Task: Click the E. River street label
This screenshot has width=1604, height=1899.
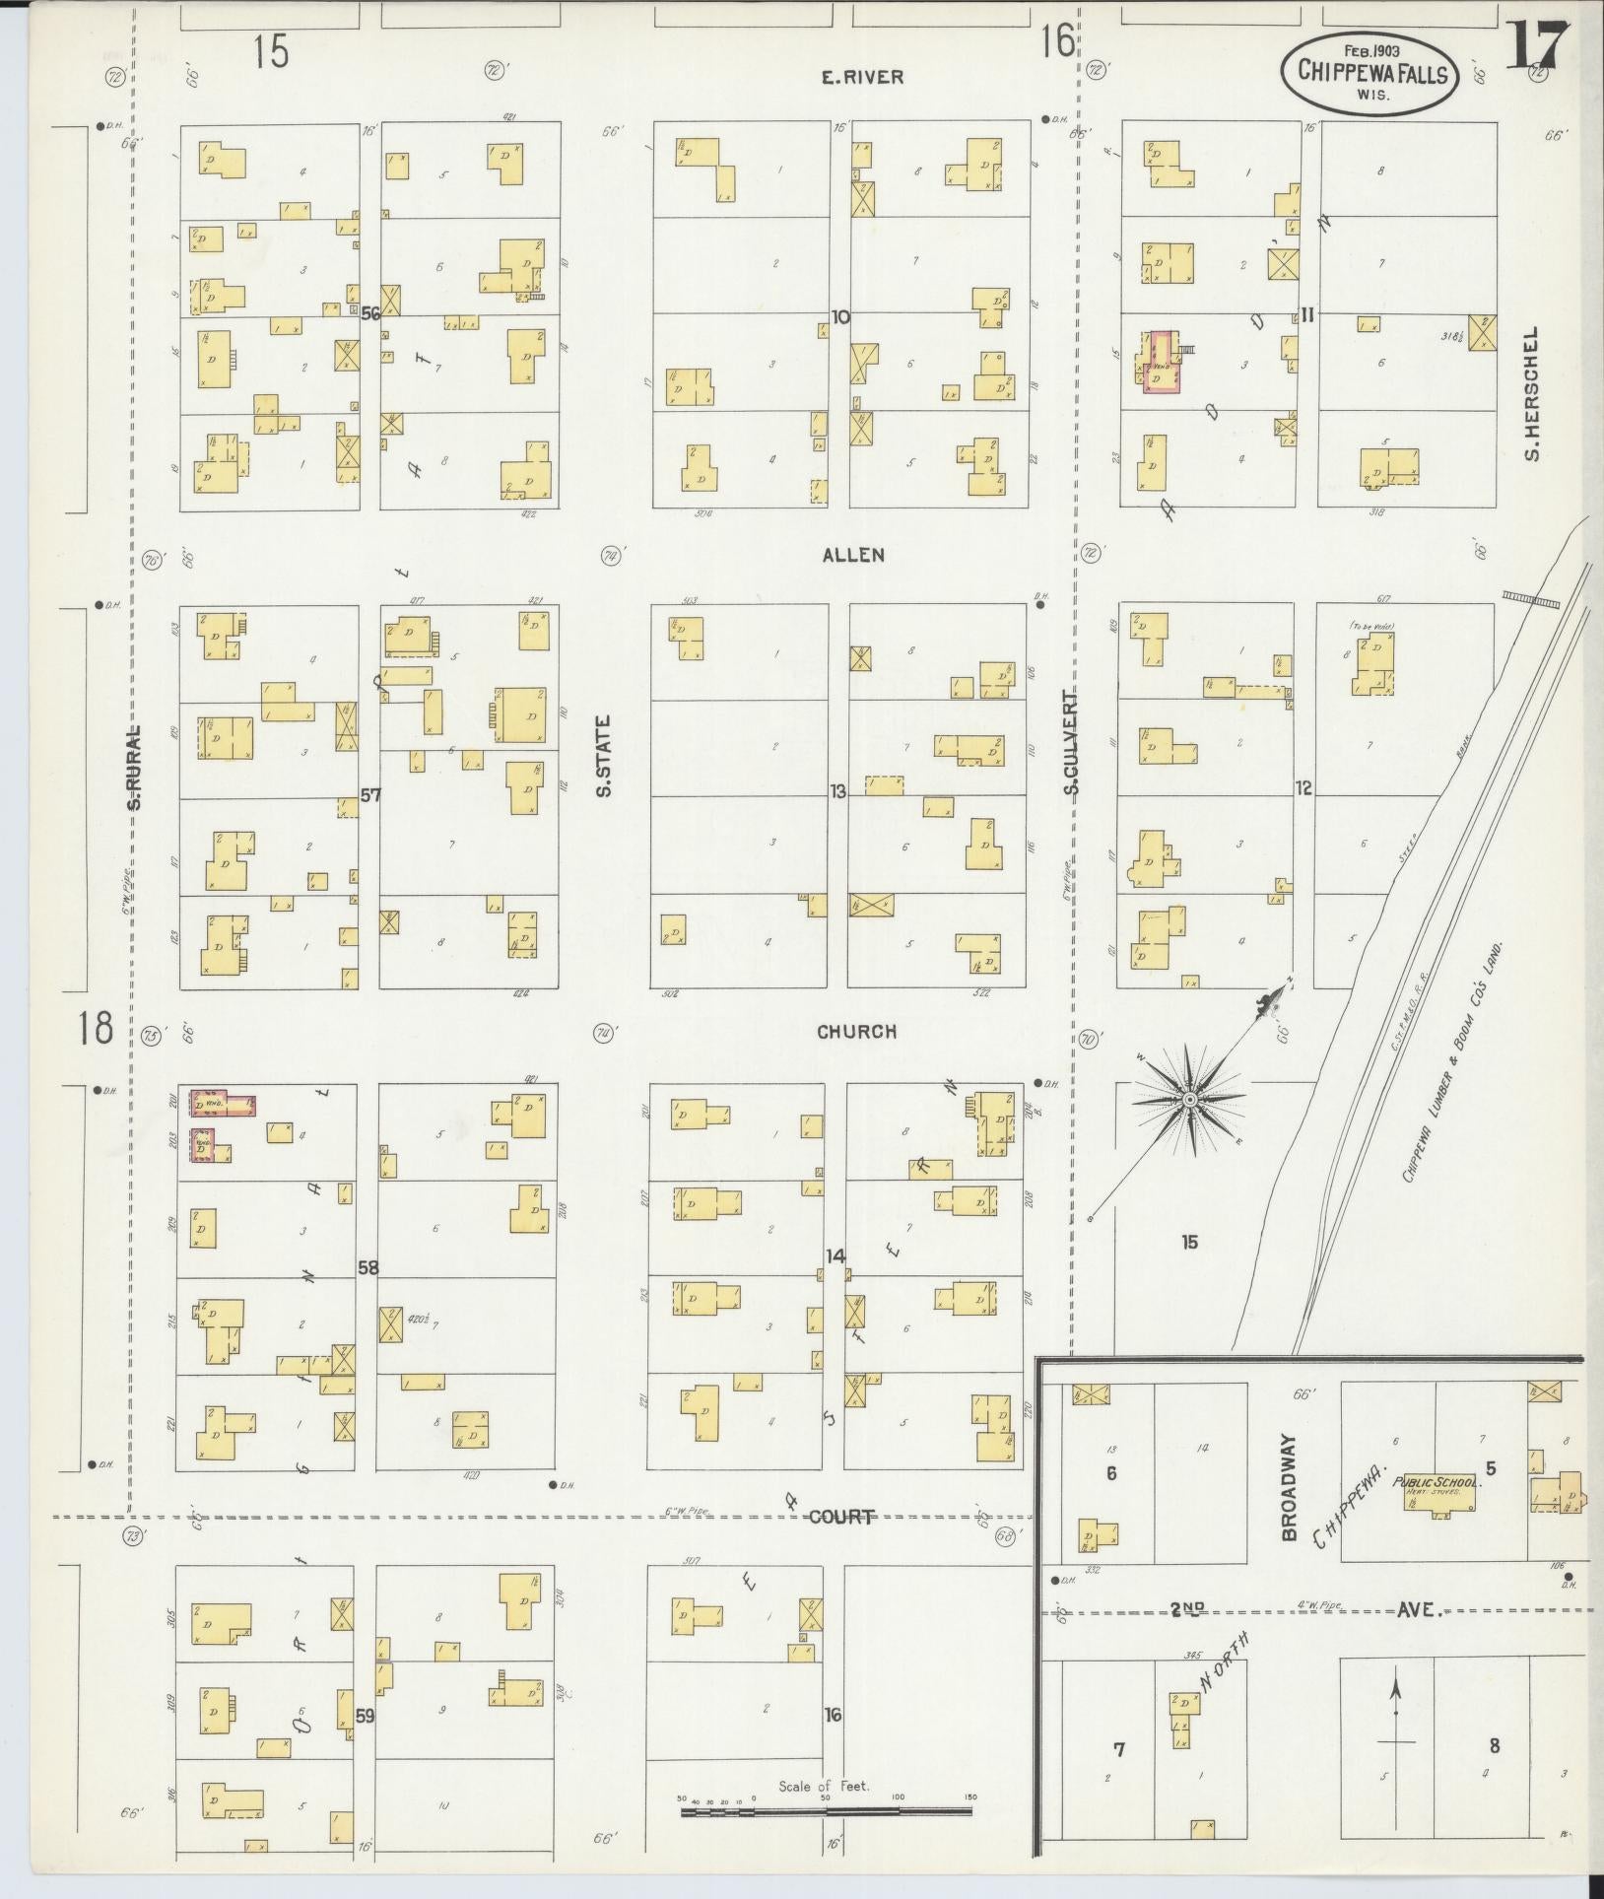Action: (862, 77)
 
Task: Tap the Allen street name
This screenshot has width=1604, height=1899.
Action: (853, 556)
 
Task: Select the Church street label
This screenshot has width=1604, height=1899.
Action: (856, 1032)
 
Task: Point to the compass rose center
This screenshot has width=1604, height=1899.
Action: (1190, 1099)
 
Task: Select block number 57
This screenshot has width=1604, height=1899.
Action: (369, 794)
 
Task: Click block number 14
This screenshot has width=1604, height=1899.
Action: (835, 1256)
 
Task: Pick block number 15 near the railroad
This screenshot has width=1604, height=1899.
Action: (1189, 1242)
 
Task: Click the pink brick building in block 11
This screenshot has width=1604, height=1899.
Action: (1160, 362)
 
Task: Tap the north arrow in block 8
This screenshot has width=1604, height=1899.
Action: (1395, 1715)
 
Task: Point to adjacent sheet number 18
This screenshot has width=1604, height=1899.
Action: (97, 1030)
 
